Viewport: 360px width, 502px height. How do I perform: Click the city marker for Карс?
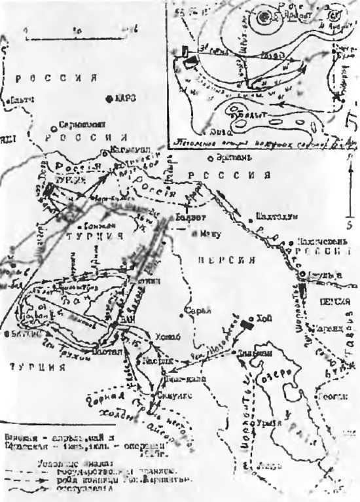(110, 98)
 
